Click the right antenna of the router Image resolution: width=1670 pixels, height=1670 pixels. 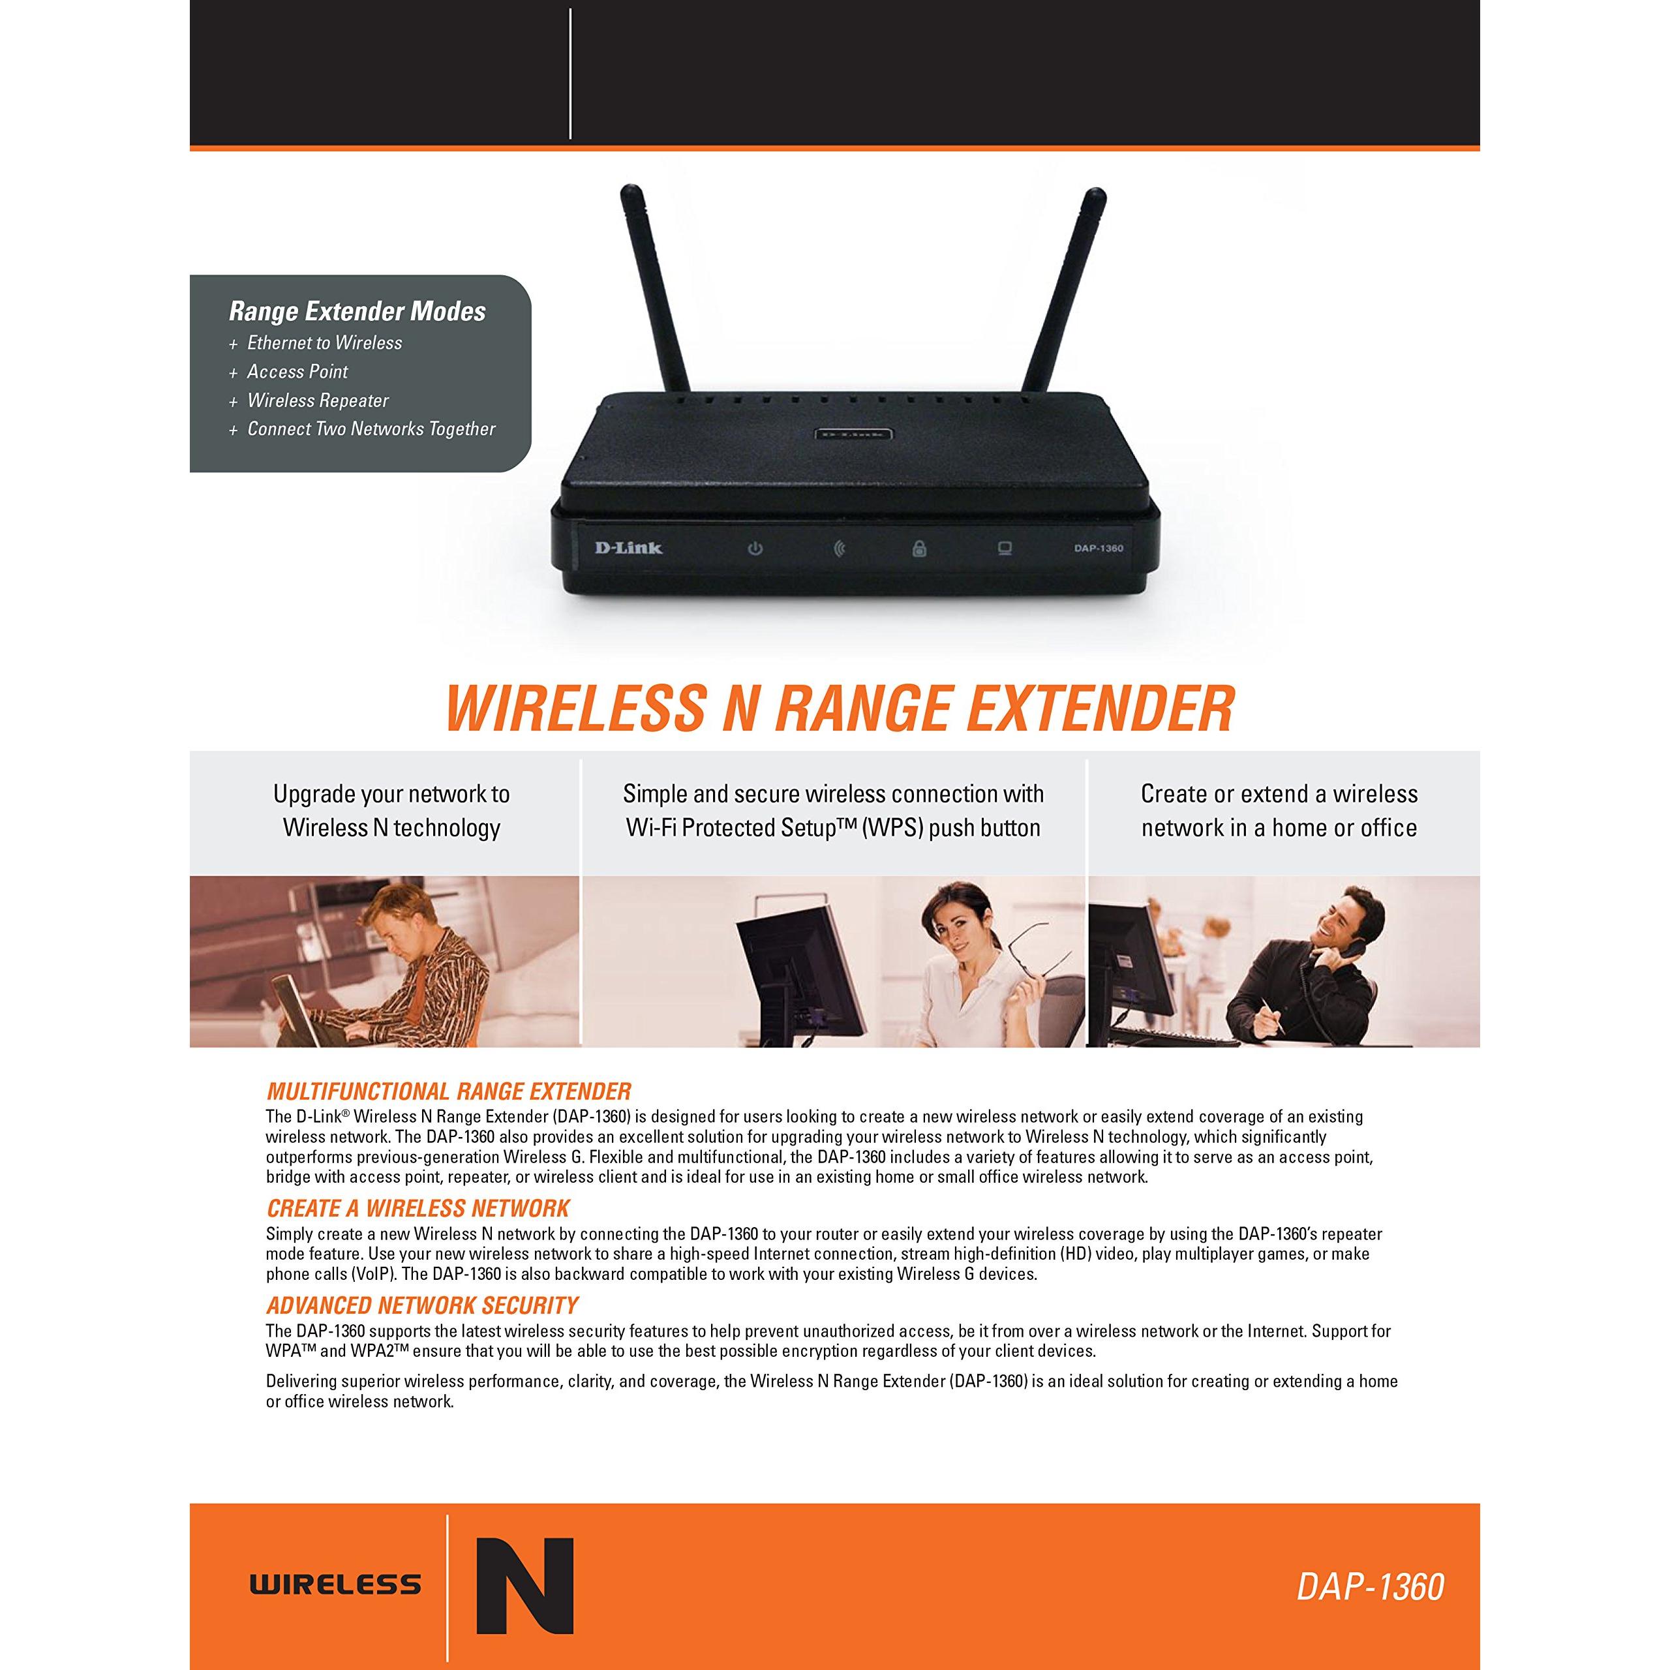pyautogui.click(x=1062, y=290)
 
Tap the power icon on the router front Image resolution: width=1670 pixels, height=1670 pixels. pyautogui.click(x=755, y=548)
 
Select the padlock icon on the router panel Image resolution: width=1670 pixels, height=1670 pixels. pyautogui.click(x=919, y=548)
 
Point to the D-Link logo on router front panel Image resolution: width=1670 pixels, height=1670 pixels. pyautogui.click(x=628, y=546)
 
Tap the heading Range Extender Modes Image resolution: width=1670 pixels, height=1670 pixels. pyautogui.click(x=357, y=311)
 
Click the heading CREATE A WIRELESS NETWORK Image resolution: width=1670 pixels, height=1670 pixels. pyautogui.click(x=418, y=1207)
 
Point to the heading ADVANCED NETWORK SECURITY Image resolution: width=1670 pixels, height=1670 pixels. pyautogui.click(x=423, y=1305)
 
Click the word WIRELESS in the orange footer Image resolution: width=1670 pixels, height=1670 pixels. pyautogui.click(x=335, y=1585)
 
